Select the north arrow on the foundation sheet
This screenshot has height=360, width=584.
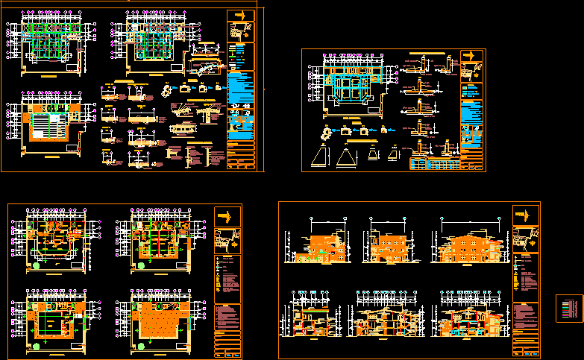[471, 57]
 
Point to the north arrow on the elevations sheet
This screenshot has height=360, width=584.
[526, 215]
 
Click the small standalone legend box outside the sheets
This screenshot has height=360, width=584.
[568, 309]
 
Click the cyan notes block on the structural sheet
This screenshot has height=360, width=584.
[239, 93]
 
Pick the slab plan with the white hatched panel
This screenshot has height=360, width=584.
[46, 127]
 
